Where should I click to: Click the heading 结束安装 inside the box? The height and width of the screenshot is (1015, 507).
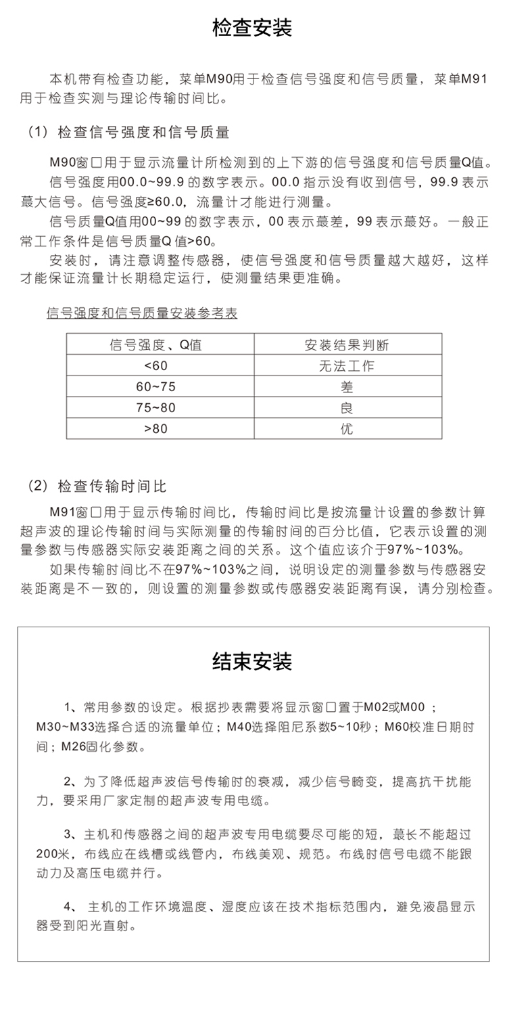point(252,661)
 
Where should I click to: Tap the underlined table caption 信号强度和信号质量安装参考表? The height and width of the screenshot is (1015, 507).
point(141,314)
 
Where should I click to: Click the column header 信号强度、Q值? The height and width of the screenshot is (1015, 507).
point(155,344)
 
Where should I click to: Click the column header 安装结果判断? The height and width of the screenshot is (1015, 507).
point(346,344)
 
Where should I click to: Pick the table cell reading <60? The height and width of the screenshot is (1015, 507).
point(155,365)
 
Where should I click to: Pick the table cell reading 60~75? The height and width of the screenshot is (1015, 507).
point(155,386)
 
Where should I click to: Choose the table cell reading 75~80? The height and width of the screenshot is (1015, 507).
point(155,407)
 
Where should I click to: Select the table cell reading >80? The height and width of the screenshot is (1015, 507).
point(155,429)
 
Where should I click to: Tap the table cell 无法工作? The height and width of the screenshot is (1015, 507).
point(346,365)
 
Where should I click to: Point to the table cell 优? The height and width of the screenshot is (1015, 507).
point(346,429)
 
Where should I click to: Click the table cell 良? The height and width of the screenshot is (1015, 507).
point(346,407)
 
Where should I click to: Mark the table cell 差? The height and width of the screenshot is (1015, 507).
point(346,386)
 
